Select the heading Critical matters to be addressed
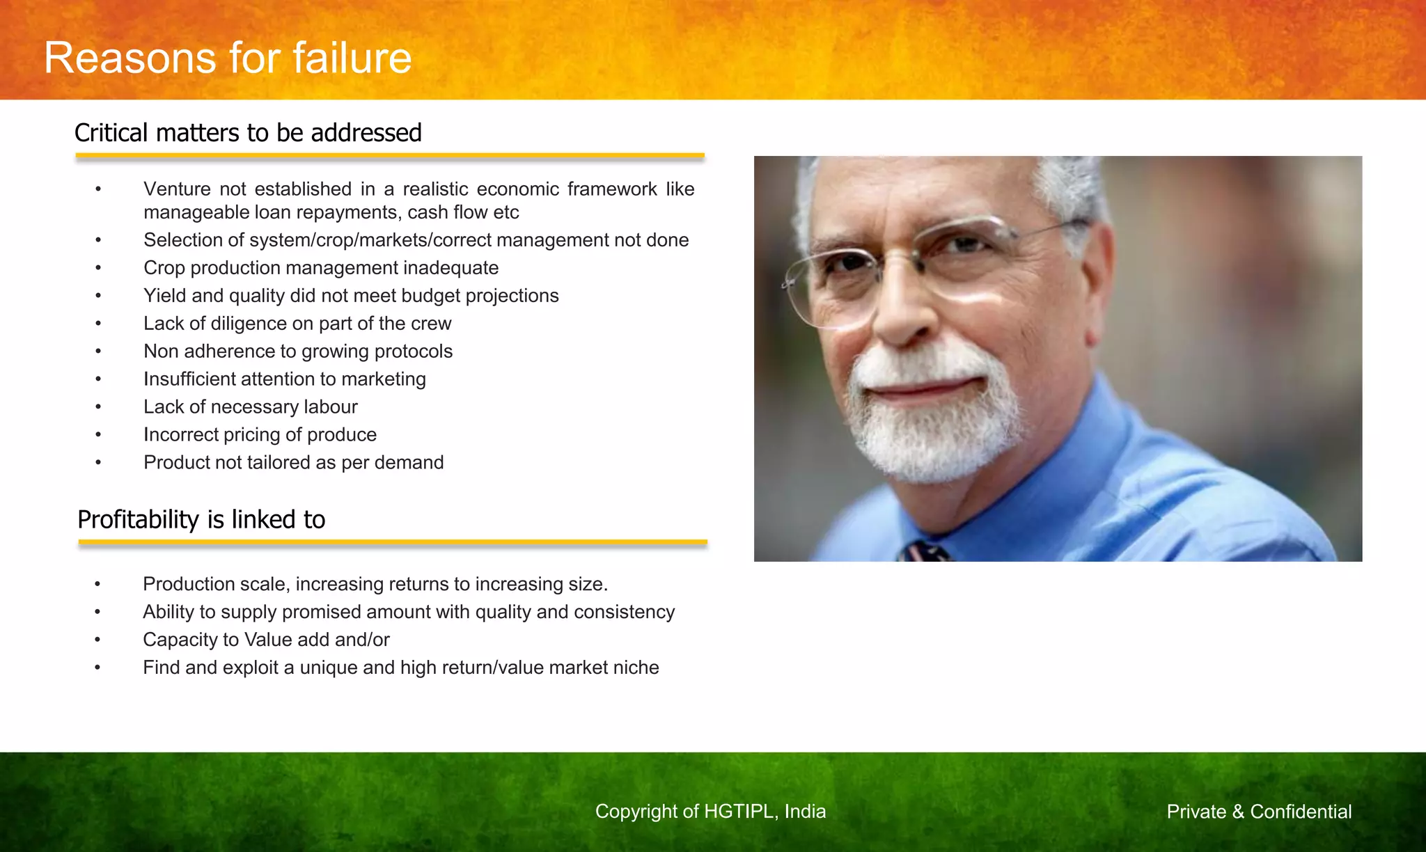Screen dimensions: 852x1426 pos(248,133)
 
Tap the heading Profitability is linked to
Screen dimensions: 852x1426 pos(201,520)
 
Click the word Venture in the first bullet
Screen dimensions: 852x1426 pos(177,189)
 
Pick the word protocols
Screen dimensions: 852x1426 pos(414,352)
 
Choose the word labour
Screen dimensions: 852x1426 pos(331,407)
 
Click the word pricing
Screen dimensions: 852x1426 pos(249,435)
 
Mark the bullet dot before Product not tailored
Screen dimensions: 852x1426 pos(98,463)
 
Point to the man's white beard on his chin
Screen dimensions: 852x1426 pos(933,439)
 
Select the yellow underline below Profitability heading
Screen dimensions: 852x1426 pos(393,542)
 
